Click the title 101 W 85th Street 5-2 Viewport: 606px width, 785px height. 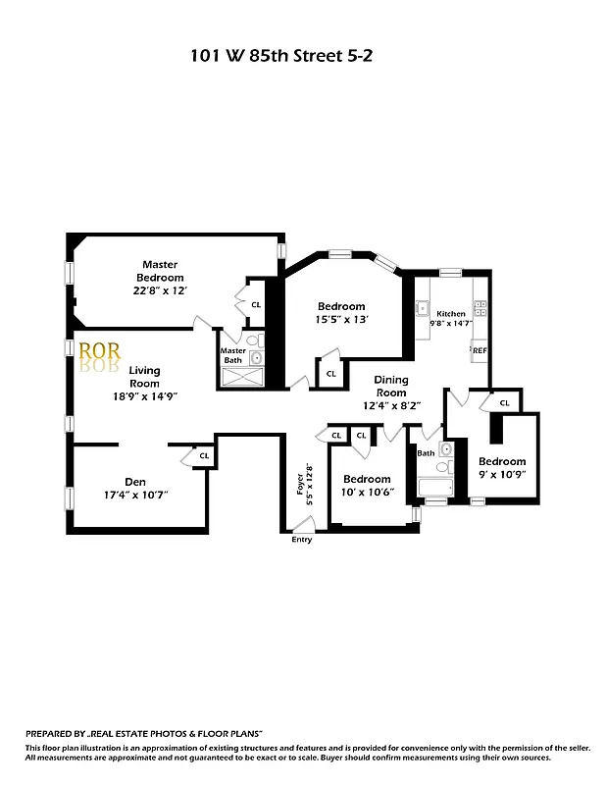coord(281,56)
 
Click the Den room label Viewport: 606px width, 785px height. coord(135,481)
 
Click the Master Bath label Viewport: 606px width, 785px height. coord(232,355)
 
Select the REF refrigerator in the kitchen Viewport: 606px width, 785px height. coord(480,350)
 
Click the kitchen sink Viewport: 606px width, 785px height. coord(424,307)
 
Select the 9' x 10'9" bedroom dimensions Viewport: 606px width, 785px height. coord(502,474)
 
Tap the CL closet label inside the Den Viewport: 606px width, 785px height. coord(204,456)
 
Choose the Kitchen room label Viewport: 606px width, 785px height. coord(451,314)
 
